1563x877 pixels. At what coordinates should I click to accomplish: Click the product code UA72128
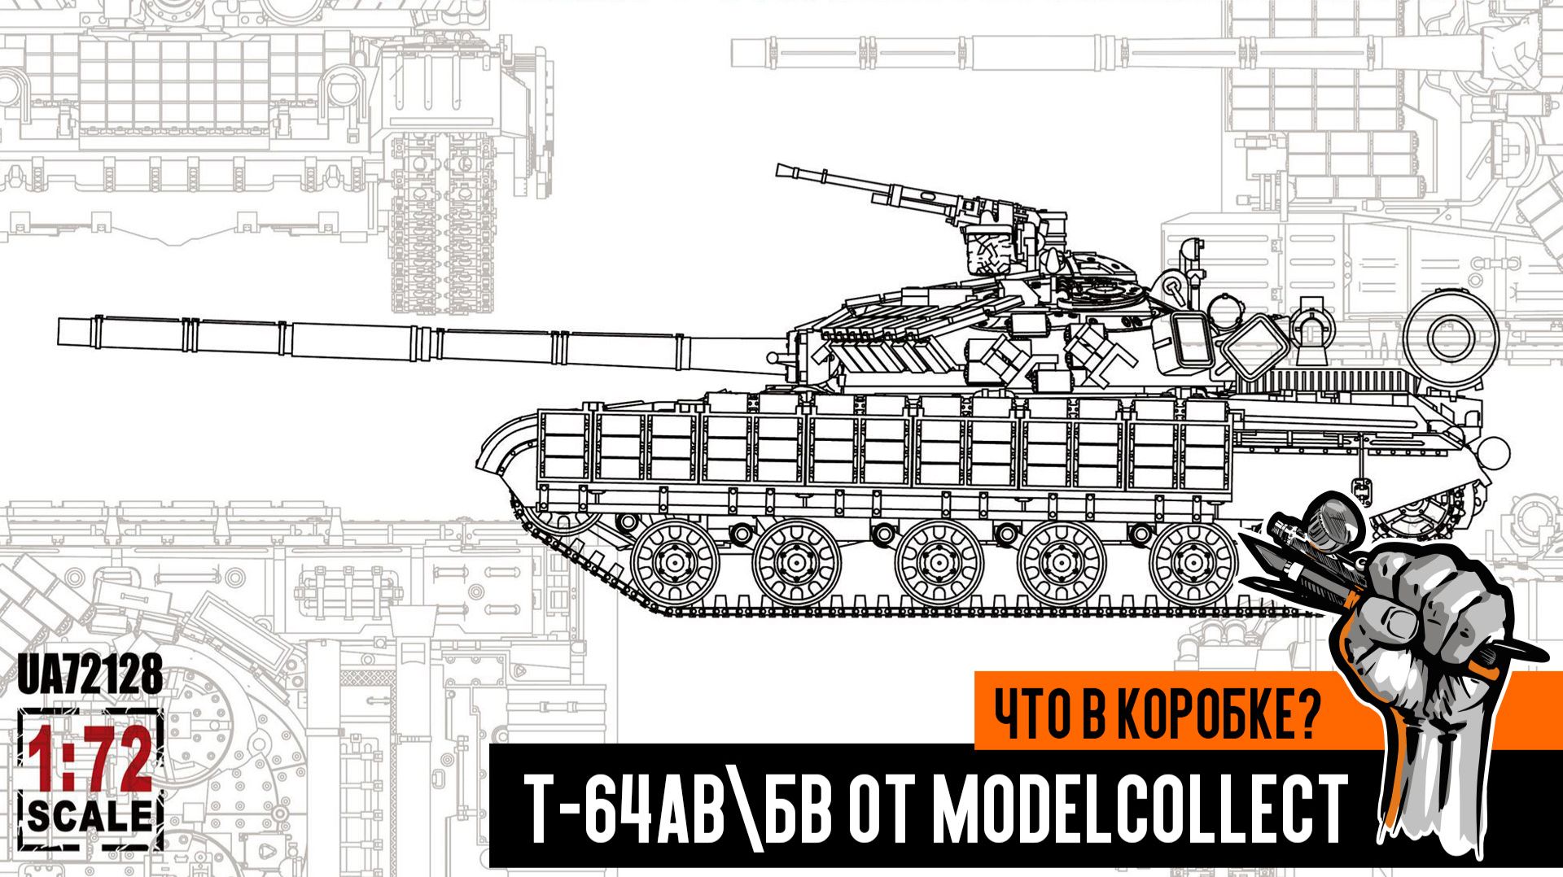point(90,674)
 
